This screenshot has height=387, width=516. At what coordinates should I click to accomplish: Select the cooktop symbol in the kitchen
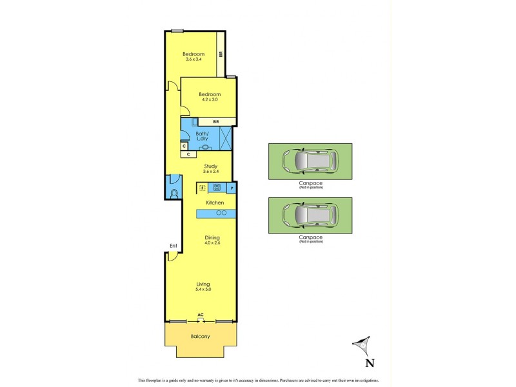click(x=217, y=188)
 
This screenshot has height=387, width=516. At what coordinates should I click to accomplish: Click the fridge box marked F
click(x=202, y=188)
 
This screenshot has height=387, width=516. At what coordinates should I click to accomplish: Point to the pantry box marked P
click(x=231, y=188)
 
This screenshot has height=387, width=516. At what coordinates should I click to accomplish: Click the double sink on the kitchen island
click(x=220, y=213)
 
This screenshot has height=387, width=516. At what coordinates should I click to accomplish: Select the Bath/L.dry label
click(x=204, y=137)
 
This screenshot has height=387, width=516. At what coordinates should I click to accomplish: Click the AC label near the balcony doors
click(x=201, y=315)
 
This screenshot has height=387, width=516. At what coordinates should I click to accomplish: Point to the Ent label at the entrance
click(x=173, y=246)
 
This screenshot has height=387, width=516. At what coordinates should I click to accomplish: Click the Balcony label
click(x=201, y=336)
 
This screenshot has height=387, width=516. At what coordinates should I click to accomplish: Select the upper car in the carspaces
click(x=310, y=161)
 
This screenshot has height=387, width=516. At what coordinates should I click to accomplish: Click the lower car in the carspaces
click(x=310, y=215)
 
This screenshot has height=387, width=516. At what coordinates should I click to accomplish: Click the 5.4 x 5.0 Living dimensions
click(x=204, y=289)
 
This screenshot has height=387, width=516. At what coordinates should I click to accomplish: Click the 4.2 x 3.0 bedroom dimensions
click(x=210, y=99)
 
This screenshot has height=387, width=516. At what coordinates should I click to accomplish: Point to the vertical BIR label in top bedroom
click(x=221, y=55)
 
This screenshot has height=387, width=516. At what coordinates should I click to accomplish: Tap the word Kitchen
click(x=215, y=203)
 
